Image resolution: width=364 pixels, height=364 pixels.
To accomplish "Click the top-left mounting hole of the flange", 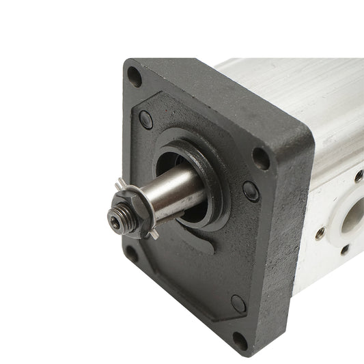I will [x=135, y=76].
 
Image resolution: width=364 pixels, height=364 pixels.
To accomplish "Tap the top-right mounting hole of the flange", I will [x=261, y=158].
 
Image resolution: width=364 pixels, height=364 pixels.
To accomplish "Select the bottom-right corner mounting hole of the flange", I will [x=240, y=340].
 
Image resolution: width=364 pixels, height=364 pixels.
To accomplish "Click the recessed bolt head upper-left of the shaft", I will [x=146, y=120].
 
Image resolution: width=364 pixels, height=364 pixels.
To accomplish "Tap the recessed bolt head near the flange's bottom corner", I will [x=238, y=303].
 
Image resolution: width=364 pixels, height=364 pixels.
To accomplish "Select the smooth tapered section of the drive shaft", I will [x=179, y=193].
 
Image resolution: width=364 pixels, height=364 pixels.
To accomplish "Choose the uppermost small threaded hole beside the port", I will [x=359, y=176].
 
